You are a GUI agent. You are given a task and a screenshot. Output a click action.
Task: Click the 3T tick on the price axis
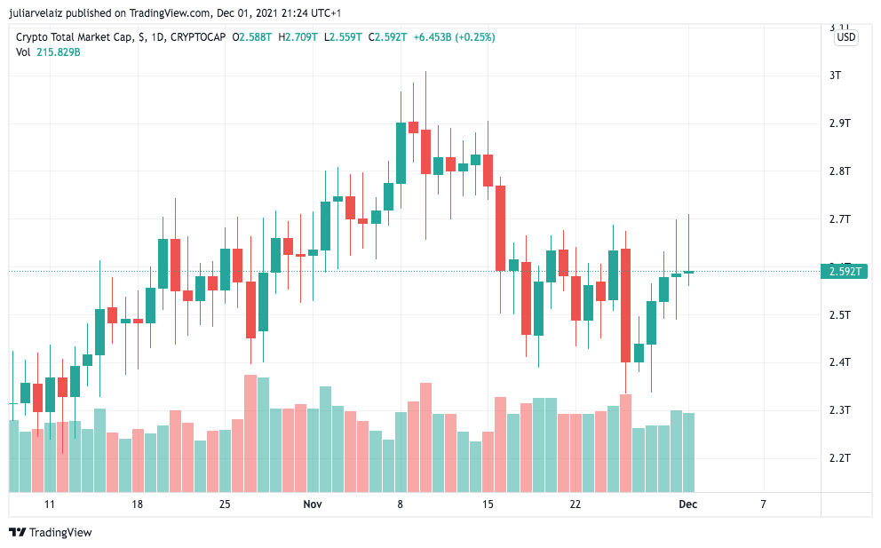pyautogui.click(x=834, y=75)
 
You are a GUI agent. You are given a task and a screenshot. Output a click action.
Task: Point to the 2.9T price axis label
pyautogui.click(x=839, y=123)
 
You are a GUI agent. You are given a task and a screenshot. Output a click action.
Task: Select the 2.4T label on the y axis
pyautogui.click(x=839, y=362)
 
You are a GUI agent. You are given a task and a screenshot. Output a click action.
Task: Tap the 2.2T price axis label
pyautogui.click(x=839, y=458)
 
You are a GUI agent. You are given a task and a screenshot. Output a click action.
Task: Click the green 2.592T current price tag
pyautogui.click(x=845, y=271)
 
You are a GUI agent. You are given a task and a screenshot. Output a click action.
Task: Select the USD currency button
pyautogui.click(x=846, y=37)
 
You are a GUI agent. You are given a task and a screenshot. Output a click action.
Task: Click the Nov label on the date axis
pyautogui.click(x=312, y=504)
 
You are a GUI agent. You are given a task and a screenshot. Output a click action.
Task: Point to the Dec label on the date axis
pyautogui.click(x=688, y=504)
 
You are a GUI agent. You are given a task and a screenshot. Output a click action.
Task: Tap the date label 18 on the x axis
pyautogui.click(x=137, y=504)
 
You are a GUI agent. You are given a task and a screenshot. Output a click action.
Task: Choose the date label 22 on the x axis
pyautogui.click(x=575, y=504)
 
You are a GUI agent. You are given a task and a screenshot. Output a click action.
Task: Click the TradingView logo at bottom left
pyautogui.click(x=51, y=532)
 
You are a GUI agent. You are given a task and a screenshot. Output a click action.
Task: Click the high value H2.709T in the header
pyautogui.click(x=298, y=37)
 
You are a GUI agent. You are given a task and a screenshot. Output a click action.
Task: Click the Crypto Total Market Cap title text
pyautogui.click(x=75, y=37)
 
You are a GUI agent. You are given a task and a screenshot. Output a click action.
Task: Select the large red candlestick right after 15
pyautogui.click(x=501, y=227)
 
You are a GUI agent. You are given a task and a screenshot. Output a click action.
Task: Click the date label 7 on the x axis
pyautogui.click(x=763, y=504)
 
